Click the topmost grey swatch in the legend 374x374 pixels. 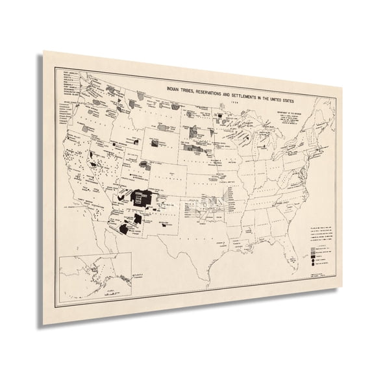(x=316, y=247)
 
